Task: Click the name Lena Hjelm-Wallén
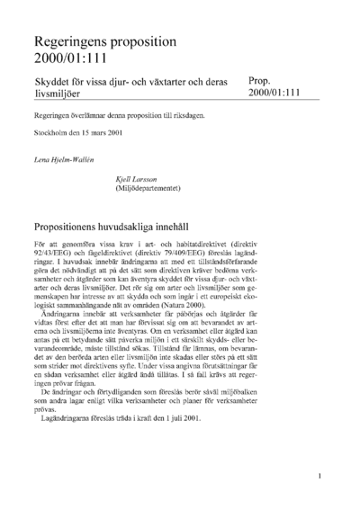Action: click(65, 159)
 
